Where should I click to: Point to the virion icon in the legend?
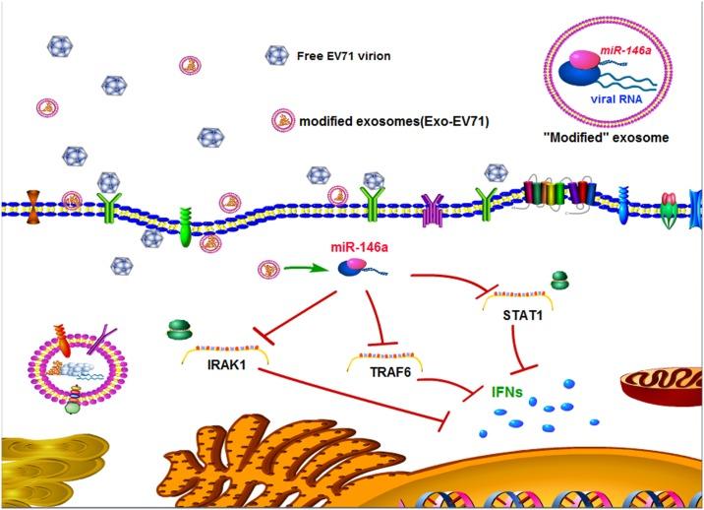277,56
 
